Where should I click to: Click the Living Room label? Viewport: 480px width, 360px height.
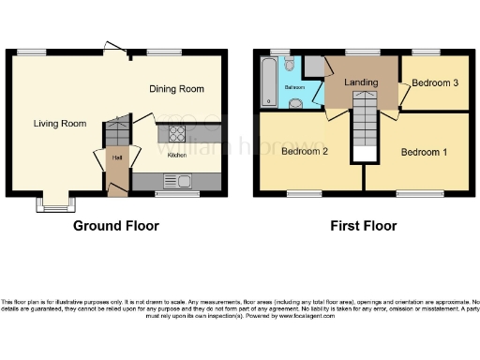[60, 123]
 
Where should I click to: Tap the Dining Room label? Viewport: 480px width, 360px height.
[176, 89]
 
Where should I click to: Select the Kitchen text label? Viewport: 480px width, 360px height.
[177, 156]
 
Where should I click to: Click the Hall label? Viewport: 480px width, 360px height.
[117, 157]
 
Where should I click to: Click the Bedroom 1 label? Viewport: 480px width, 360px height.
[425, 151]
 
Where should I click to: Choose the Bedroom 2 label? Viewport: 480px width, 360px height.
[305, 151]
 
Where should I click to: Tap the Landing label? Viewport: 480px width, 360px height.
[362, 83]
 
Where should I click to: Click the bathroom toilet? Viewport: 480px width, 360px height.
[289, 64]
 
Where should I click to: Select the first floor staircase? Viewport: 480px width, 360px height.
[362, 131]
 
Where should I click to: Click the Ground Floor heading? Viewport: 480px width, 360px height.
[116, 226]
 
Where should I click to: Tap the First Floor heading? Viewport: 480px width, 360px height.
[362, 226]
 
